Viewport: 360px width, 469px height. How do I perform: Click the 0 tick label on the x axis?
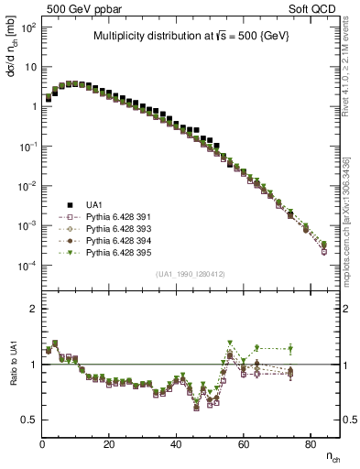tap(42, 445)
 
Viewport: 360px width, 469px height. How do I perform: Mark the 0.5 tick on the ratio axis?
tap(29, 420)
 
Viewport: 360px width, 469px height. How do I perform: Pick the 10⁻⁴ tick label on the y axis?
tap(27, 265)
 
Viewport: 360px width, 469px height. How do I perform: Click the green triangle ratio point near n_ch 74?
tap(290, 348)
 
